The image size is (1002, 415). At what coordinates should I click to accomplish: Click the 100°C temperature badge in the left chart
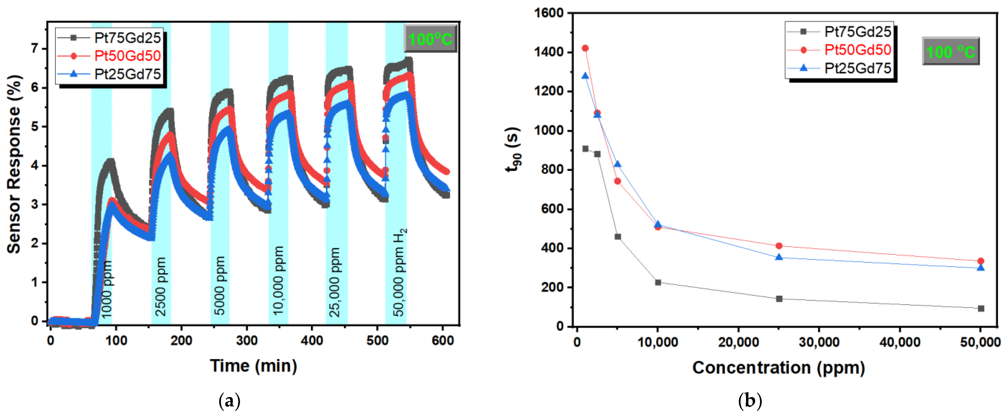(430, 39)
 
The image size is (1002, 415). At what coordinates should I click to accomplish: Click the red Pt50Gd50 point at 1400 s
(585, 48)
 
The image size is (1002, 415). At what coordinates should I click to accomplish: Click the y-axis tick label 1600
(549, 13)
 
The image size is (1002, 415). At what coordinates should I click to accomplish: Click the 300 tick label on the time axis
(247, 341)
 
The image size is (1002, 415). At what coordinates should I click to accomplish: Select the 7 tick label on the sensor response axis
(35, 49)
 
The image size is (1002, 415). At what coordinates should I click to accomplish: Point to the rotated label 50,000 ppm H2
(399, 272)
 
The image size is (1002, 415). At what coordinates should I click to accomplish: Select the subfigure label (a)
(229, 401)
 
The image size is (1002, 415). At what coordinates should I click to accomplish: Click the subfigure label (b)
(750, 401)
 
